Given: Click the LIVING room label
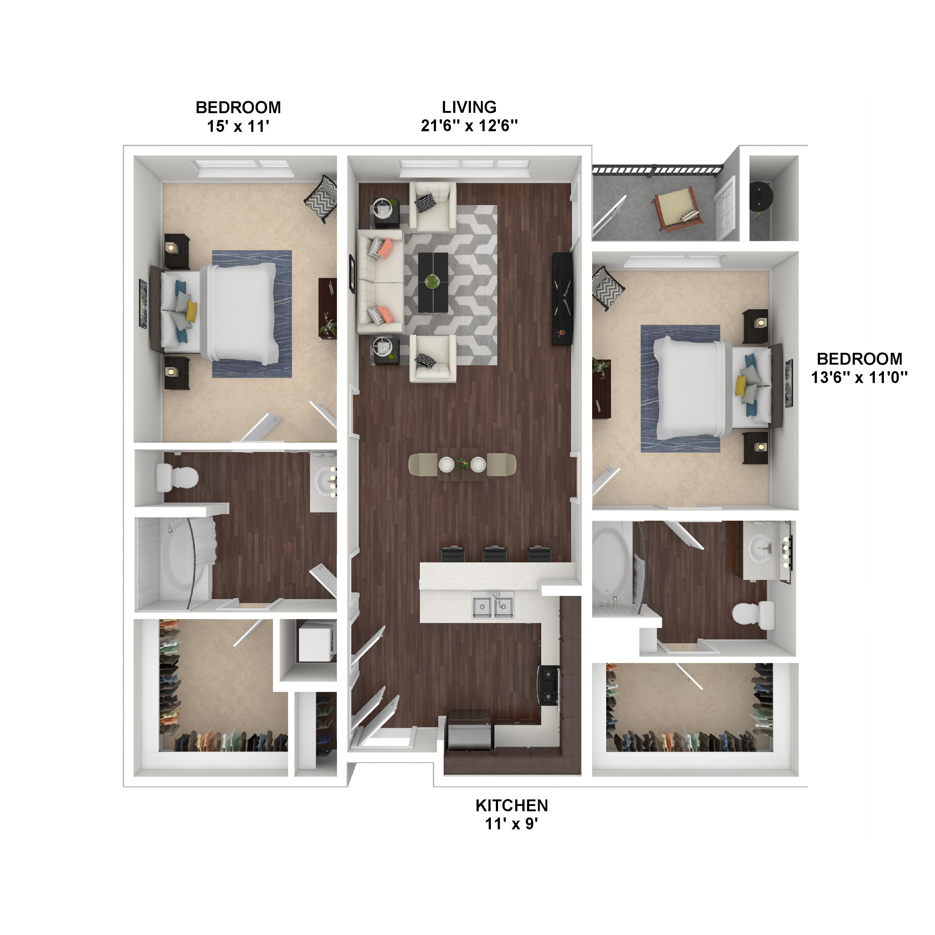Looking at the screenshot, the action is (x=469, y=107).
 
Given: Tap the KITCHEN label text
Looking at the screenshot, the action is (x=511, y=805).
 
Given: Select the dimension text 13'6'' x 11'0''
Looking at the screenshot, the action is (x=859, y=377).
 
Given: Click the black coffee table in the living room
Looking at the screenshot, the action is (x=433, y=282).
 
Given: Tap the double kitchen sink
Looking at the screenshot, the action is (x=493, y=606).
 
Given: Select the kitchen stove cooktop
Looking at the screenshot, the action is (x=549, y=686).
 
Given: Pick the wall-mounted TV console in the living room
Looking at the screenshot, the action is (x=562, y=298).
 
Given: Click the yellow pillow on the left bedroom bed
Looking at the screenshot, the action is (x=192, y=311).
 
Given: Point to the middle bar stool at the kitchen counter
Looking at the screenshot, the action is (x=495, y=554).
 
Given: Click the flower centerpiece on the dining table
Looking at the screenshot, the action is (x=462, y=465).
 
